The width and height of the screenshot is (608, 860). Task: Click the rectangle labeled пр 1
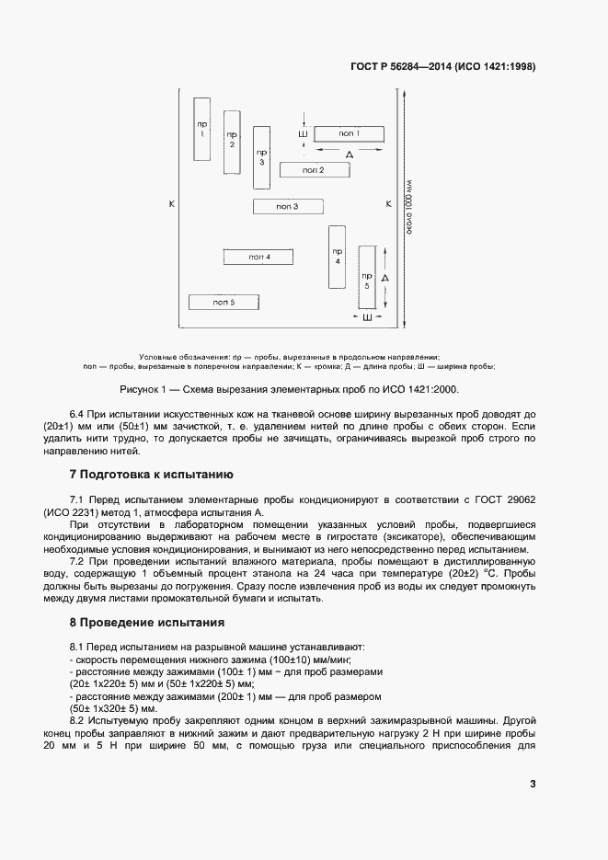pos(202,129)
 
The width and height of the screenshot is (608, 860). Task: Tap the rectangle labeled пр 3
pos(261,156)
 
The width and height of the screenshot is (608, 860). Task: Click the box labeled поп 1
pos(349,134)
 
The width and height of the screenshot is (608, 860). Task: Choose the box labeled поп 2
pos(314,169)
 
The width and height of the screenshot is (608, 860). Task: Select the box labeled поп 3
pos(287,207)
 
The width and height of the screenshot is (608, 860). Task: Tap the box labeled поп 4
pos(258,257)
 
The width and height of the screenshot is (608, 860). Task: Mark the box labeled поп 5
pos(224,302)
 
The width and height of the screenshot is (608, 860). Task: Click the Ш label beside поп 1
pos(303,134)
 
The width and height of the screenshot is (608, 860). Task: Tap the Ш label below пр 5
pos(367,317)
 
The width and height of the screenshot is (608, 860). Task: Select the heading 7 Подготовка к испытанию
pos(152,475)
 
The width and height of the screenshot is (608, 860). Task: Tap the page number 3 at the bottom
pos(533,784)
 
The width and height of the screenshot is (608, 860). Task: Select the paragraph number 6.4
pos(79,415)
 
